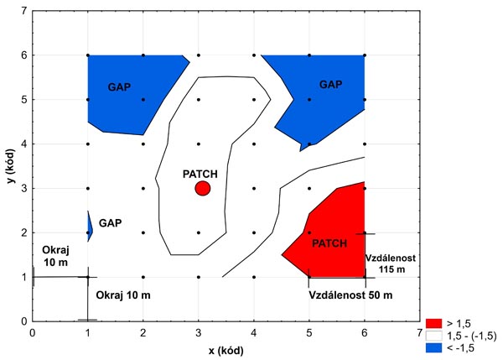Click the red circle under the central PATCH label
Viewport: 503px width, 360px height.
click(202, 188)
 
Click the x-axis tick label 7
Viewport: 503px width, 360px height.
click(420, 332)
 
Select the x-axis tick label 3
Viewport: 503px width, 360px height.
click(199, 332)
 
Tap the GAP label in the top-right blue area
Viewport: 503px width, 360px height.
click(331, 85)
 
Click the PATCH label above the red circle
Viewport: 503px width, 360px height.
click(200, 174)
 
